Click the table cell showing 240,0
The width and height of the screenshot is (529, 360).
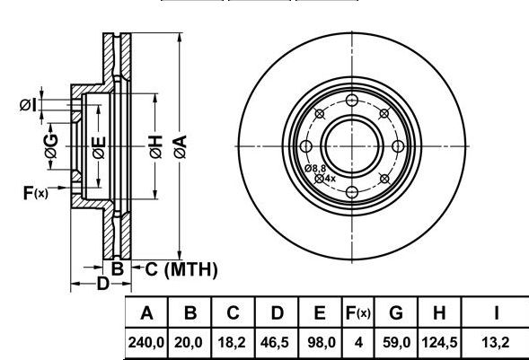(145, 343)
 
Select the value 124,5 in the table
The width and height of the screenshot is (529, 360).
(439, 343)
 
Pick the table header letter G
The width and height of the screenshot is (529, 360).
(396, 312)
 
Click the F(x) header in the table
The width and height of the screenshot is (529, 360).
(358, 313)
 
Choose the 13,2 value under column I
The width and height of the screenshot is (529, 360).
(495, 343)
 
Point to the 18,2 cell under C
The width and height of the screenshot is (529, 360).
(232, 343)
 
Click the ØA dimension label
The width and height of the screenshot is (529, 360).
(181, 146)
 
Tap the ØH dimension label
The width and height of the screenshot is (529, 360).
(156, 147)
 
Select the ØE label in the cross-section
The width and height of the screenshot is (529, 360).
(99, 147)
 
